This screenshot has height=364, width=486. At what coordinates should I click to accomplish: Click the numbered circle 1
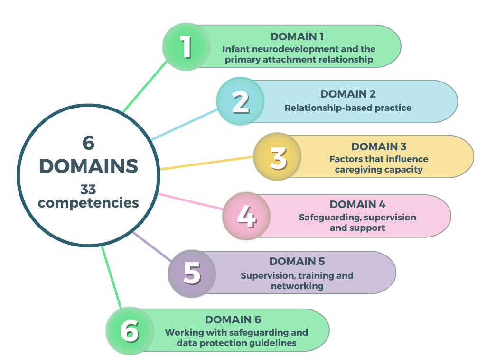(186, 47)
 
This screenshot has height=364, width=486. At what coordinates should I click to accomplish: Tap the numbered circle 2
(240, 101)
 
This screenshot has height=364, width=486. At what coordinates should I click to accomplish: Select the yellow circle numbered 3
(277, 157)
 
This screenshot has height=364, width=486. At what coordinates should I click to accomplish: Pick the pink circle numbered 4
(246, 216)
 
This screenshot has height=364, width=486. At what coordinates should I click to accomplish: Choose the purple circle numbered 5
(192, 273)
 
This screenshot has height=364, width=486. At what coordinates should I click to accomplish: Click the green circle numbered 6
(129, 331)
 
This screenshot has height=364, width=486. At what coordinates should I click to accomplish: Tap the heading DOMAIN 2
(348, 94)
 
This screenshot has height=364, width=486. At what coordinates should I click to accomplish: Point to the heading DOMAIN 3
(379, 147)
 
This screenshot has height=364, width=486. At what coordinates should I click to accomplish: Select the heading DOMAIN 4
(357, 205)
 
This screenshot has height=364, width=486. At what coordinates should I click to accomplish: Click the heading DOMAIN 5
(297, 261)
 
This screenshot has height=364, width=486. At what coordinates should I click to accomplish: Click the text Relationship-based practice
(348, 108)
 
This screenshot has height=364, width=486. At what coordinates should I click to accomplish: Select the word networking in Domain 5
(297, 286)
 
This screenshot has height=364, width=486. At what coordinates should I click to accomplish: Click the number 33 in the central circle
(88, 190)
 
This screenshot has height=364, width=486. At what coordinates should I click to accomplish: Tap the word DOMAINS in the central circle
(88, 166)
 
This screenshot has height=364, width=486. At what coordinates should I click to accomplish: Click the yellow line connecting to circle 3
(206, 163)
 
